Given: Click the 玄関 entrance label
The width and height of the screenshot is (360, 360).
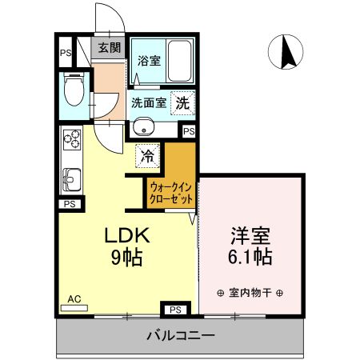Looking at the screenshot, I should tap(109, 47).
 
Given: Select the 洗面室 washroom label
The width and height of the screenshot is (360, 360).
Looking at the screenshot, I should tap(149, 102).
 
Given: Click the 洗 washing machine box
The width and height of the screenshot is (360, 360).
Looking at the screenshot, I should tap(183, 103).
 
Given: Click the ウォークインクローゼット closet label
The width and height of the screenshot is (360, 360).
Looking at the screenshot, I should tap(170, 192).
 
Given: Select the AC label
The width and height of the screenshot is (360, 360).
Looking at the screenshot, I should tap(74, 299).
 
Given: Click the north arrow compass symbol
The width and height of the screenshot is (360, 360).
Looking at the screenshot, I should tap(286, 54).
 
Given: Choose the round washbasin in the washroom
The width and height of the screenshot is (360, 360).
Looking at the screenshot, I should tap(145, 126).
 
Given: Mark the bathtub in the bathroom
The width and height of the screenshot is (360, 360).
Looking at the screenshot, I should tap(173, 59).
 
